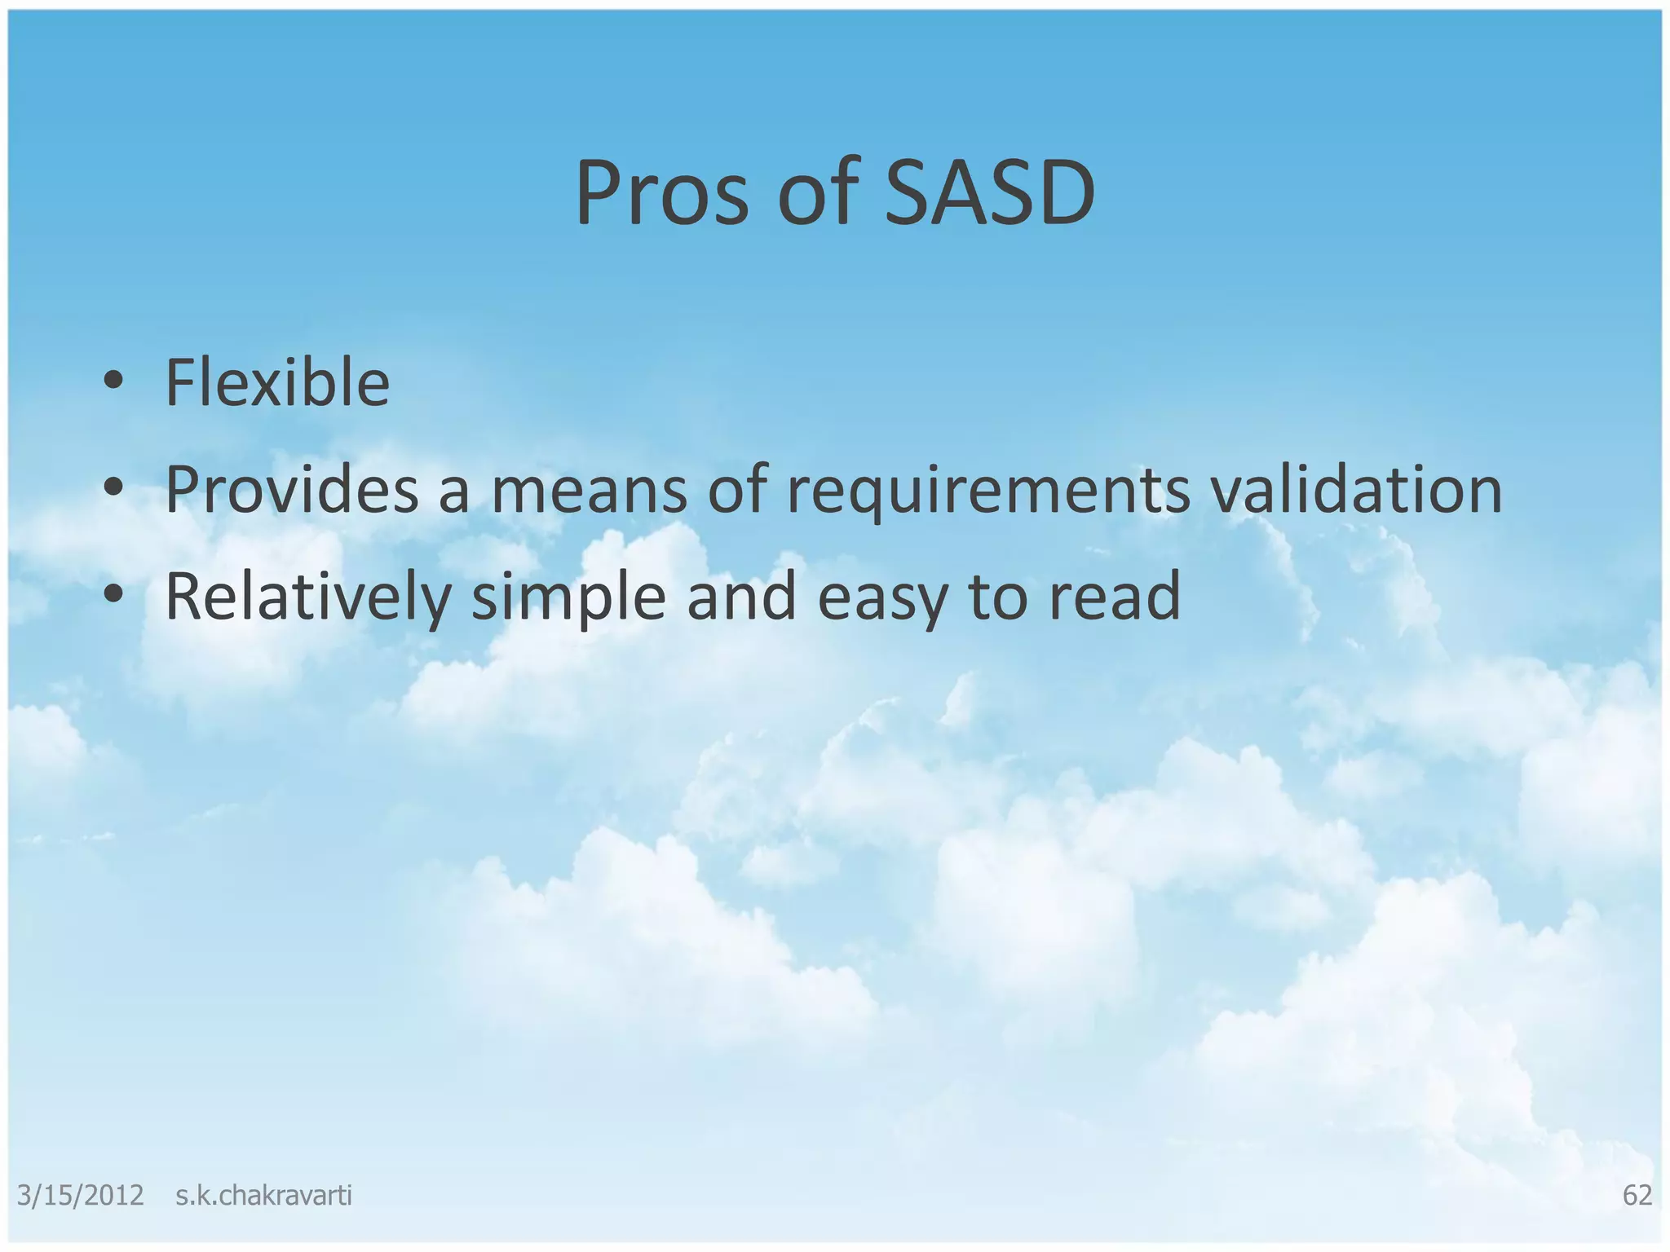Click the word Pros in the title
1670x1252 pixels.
[660, 194]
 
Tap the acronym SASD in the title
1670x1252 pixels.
[989, 194]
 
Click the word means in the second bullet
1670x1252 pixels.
[589, 490]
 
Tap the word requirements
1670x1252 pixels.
[987, 490]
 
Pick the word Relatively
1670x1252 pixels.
[308, 597]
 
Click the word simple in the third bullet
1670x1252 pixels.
[568, 597]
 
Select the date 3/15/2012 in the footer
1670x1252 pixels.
[80, 1195]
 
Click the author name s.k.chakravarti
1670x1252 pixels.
[263, 1195]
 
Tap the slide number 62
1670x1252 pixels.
[1637, 1195]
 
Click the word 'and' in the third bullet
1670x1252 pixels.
[741, 597]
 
